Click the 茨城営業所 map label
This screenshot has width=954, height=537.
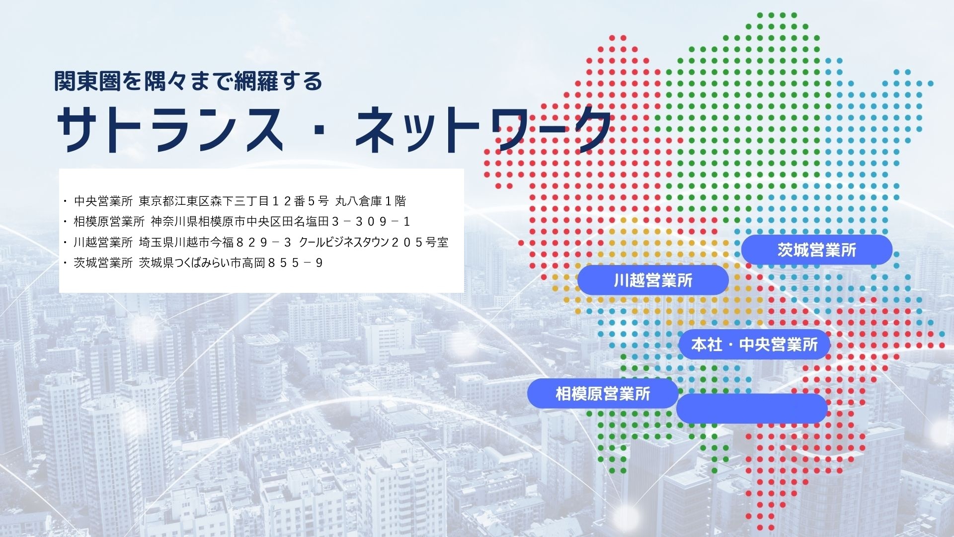[817, 250]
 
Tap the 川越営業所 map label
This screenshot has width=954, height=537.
[653, 280]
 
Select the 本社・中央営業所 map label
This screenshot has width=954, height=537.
[754, 344]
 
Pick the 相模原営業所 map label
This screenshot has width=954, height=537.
[603, 394]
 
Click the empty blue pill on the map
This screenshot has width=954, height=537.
[752, 409]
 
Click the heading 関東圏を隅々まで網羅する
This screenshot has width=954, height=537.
[188, 81]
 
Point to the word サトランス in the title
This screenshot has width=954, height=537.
[170, 129]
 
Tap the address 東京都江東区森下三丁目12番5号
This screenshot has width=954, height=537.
[234, 201]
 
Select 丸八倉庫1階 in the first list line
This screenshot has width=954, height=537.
[371, 201]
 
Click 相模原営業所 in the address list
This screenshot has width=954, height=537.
[109, 222]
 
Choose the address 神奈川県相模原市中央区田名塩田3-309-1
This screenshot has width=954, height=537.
[281, 222]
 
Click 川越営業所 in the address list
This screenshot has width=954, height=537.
[103, 242]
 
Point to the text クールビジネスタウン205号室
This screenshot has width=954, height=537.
[374, 242]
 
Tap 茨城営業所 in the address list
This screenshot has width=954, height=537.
[103, 263]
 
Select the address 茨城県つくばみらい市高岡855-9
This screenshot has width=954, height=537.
[231, 263]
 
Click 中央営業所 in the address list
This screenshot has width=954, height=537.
[103, 201]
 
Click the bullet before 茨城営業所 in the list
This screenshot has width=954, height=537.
[65, 263]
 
